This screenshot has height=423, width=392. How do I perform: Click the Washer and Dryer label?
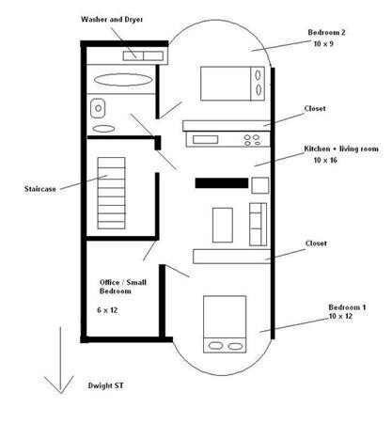112,20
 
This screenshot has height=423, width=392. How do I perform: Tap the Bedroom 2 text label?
326,32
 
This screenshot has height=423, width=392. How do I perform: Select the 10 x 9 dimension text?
323,43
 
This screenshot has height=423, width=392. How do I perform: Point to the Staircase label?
40,189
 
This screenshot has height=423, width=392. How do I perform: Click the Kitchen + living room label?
341,149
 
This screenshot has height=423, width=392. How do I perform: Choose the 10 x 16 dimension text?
325,160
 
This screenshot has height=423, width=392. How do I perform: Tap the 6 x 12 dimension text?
107,310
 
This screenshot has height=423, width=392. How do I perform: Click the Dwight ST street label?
105,385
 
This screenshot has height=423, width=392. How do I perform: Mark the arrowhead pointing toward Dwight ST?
60,393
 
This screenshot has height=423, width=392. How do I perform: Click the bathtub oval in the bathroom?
123,80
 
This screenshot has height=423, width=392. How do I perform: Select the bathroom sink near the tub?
98,108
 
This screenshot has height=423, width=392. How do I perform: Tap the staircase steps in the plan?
111,193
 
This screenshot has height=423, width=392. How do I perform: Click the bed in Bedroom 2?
232,84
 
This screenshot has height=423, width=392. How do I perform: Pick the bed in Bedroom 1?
225,324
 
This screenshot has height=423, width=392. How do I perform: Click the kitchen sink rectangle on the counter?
205,139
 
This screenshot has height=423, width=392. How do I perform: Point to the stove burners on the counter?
252,140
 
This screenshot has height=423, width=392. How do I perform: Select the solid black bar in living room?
222,183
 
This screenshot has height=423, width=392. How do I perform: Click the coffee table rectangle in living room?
223,225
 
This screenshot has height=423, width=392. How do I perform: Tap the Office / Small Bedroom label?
123,287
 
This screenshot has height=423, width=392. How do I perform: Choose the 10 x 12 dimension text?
340,316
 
